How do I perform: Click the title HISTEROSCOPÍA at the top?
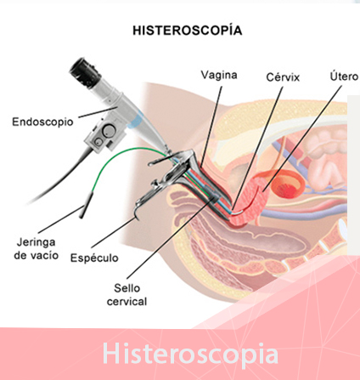point(188,30)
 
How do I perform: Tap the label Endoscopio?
point(42,122)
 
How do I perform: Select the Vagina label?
point(219,75)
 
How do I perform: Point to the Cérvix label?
point(283,77)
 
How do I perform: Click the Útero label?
point(344,76)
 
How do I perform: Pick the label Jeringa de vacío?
point(37,248)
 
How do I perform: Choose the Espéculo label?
point(94,258)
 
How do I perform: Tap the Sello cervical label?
point(127,295)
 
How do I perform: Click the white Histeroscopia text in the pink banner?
point(190,354)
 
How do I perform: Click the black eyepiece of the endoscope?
point(85,72)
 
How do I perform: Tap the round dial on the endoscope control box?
point(109,130)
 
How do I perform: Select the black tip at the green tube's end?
point(86,205)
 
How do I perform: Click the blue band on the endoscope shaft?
point(136,121)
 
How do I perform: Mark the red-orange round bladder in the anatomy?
point(288,185)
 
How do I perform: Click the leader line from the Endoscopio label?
point(98,112)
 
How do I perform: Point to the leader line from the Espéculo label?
point(113,232)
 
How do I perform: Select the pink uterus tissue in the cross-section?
point(249,201)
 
